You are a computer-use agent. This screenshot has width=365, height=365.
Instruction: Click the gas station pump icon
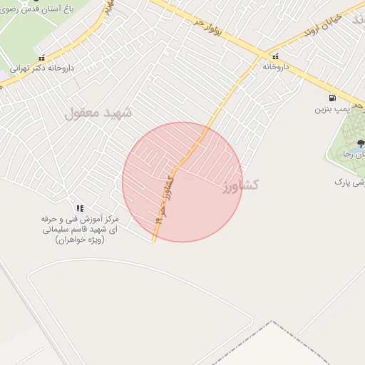coord(331,98)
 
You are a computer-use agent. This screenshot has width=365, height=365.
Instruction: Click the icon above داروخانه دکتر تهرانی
coord(42,58)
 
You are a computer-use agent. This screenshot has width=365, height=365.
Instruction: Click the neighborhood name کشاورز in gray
coord(239,186)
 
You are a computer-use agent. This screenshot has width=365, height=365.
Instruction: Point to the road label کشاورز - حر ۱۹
coord(164,199)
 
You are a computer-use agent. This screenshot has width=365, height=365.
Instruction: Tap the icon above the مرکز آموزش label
coord(80,207)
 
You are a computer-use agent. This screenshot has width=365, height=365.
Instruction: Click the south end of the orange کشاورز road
coord(153,240)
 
